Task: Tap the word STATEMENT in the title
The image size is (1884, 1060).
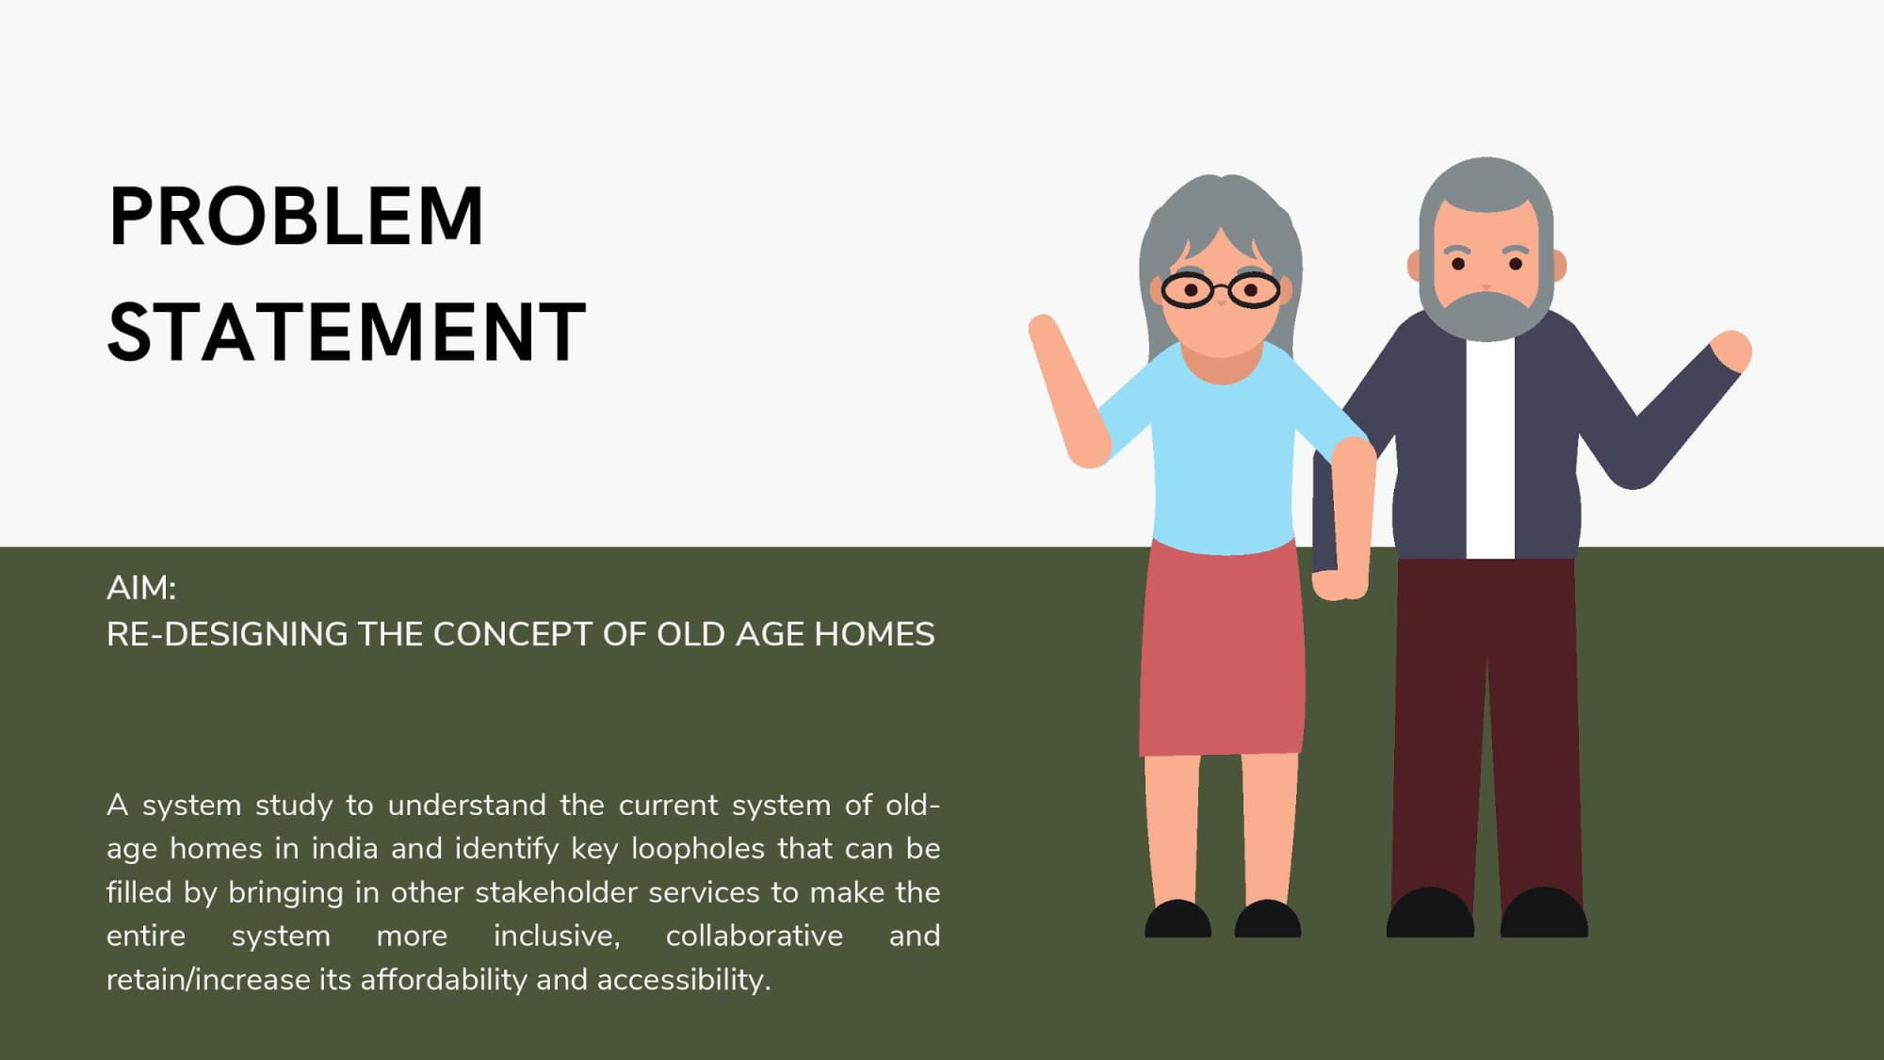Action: click(347, 332)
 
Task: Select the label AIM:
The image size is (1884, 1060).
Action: click(141, 588)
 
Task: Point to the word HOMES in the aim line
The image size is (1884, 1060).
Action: click(874, 634)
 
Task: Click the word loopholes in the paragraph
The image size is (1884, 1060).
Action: click(698, 849)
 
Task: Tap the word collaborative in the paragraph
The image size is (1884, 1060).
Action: click(755, 936)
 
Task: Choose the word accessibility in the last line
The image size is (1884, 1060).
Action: click(683, 980)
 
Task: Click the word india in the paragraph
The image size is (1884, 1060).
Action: click(345, 849)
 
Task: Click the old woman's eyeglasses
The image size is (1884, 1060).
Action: click(1221, 290)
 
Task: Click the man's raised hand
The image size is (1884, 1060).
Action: click(1731, 351)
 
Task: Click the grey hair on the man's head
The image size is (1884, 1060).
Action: click(1486, 198)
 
